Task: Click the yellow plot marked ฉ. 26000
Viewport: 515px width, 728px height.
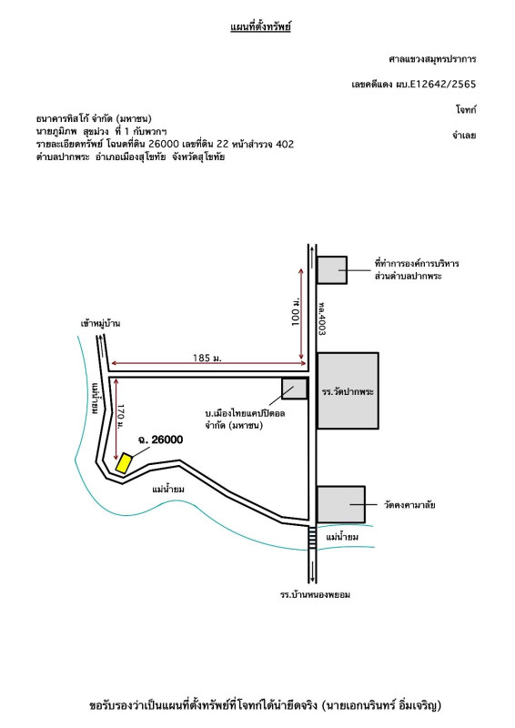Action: click(124, 463)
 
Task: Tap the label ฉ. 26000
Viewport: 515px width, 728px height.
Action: click(160, 440)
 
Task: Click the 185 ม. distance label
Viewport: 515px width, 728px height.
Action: click(207, 358)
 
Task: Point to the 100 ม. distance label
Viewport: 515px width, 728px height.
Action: click(296, 311)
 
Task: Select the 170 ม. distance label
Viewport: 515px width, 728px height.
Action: click(120, 417)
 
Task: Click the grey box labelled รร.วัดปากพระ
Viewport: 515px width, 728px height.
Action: click(348, 390)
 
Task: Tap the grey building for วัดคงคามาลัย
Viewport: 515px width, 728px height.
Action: click(341, 504)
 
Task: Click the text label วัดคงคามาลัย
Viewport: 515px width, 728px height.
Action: click(409, 505)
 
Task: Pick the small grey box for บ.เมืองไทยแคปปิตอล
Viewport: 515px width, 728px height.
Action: click(295, 389)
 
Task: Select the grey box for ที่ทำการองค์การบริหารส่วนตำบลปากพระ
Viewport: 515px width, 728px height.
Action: click(331, 269)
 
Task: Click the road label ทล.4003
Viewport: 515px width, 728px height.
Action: click(322, 318)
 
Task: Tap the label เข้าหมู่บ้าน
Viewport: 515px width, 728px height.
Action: click(100, 323)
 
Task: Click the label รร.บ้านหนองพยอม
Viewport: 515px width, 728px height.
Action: click(316, 595)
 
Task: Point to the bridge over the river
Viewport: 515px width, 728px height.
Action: click(312, 538)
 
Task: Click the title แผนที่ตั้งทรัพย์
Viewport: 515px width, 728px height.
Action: click(260, 26)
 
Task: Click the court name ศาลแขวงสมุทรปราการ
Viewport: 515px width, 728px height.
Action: click(432, 59)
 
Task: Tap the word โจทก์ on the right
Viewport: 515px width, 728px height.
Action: click(466, 110)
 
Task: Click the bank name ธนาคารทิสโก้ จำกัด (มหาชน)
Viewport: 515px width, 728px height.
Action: click(94, 119)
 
